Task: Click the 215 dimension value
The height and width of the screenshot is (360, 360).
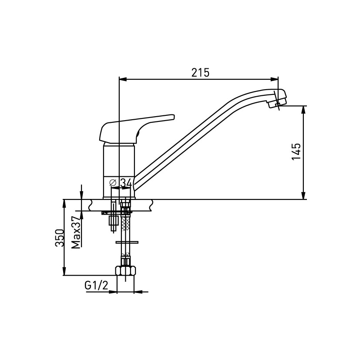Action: pos(200,73)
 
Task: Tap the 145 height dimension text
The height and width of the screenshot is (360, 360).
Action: pos(296,151)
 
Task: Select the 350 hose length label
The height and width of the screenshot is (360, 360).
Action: pos(59,238)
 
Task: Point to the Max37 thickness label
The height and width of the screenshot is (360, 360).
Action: pos(76,232)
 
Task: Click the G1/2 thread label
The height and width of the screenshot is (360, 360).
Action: pos(96,286)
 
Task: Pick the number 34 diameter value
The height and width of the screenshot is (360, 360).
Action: pos(125,183)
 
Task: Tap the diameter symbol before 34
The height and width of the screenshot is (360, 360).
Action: pos(113,183)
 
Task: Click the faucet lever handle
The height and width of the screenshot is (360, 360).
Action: pos(137,128)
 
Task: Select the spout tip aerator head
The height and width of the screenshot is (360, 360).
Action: pos(277,98)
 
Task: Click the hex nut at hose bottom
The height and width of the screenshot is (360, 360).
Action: pos(125,270)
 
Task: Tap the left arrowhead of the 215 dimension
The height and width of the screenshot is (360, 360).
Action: pos(123,79)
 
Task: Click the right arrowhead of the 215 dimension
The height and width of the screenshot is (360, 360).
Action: pos(274,79)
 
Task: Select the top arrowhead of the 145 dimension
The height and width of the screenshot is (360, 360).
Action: pos(303,110)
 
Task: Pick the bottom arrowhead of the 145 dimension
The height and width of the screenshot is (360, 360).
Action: pos(303,195)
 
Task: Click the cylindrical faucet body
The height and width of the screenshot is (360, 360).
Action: pos(119,170)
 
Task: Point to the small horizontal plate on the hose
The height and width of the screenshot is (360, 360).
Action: pos(127,242)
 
